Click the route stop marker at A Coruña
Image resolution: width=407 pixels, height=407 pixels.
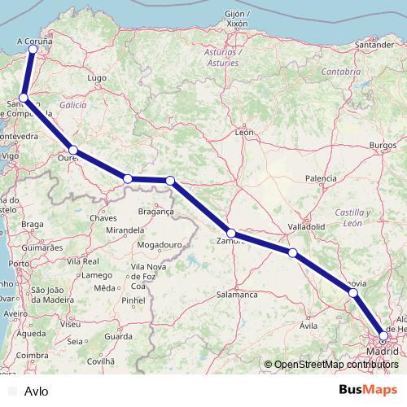point(33,50)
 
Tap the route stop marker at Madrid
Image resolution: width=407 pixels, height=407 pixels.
point(384,335)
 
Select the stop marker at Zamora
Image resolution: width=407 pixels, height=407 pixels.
point(231,233)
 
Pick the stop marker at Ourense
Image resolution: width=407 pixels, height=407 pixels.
point(73,150)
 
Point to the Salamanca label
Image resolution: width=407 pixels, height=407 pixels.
point(237,295)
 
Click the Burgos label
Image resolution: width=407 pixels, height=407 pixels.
point(382,145)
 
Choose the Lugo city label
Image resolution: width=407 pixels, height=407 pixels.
point(98,78)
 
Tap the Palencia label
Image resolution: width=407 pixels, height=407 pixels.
point(321,178)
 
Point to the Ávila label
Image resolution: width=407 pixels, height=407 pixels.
point(308,325)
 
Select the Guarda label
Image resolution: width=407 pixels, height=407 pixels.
point(118,336)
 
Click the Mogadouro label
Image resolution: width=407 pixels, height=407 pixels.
point(158,244)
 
